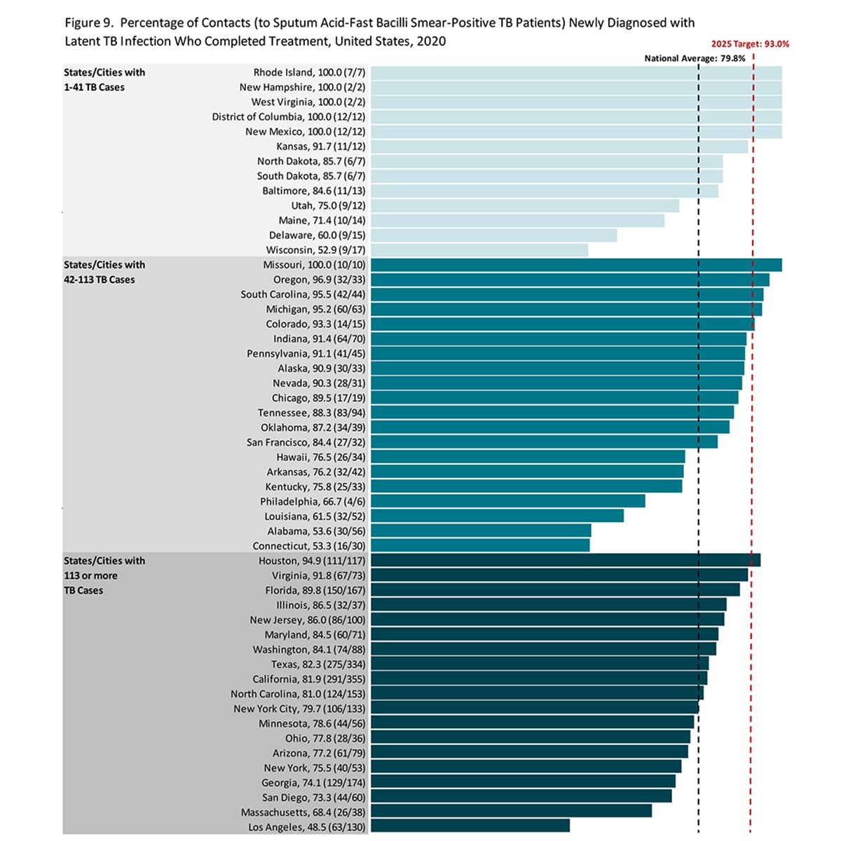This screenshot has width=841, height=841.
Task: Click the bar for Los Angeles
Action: click(x=470, y=826)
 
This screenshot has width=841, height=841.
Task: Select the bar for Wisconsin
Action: click(x=479, y=250)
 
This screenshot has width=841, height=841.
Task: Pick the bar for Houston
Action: click(x=565, y=561)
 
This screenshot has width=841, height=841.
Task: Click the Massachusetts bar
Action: click(x=511, y=812)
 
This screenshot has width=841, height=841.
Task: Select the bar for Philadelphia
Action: click(x=507, y=502)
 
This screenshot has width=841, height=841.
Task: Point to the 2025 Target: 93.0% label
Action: click(x=750, y=44)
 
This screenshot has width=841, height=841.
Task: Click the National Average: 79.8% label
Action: click(x=695, y=59)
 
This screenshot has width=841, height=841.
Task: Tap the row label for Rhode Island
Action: click(x=309, y=73)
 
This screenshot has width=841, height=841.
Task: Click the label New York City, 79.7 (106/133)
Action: click(x=299, y=709)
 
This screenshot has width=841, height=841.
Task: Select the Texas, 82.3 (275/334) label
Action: click(x=318, y=664)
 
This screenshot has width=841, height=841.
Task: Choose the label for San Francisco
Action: click(x=306, y=442)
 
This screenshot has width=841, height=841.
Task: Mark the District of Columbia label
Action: click(x=289, y=117)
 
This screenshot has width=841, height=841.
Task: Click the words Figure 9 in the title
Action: click(x=89, y=23)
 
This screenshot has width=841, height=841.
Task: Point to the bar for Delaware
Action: click(x=493, y=235)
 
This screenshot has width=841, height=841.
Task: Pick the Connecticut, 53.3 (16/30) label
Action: click(x=309, y=546)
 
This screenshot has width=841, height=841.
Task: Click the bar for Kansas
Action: click(x=559, y=146)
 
